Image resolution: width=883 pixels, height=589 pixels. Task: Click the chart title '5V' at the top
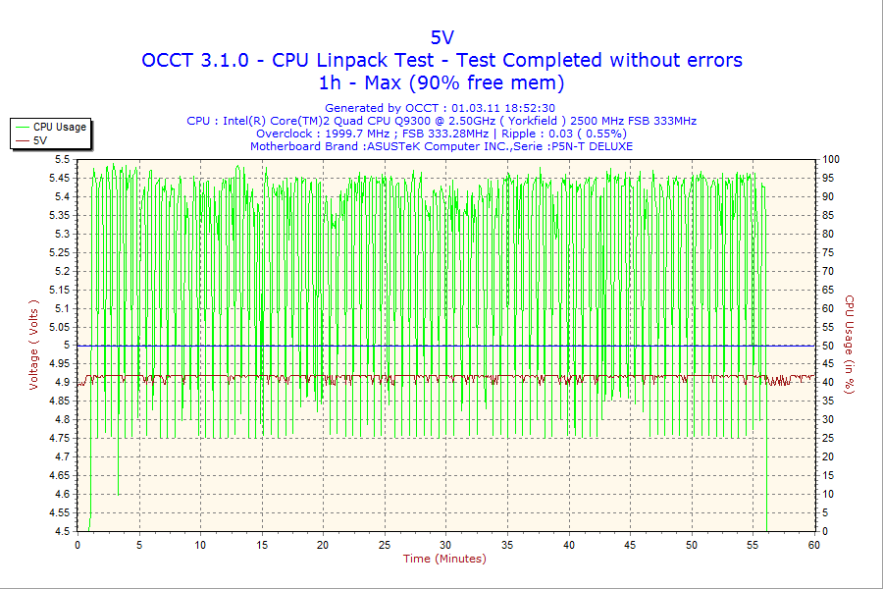tap(441, 37)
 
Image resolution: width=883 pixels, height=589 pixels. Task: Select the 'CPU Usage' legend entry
tap(60, 127)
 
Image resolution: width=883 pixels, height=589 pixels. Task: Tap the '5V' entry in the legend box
tap(40, 140)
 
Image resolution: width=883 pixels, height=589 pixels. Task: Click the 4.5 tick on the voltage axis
tap(62, 531)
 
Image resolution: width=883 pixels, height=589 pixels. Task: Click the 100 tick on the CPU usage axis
tap(831, 159)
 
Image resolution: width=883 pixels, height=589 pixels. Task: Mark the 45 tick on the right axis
tap(828, 364)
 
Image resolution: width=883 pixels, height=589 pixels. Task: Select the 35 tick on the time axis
tap(507, 545)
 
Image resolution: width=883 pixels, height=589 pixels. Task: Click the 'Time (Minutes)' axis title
tap(444, 559)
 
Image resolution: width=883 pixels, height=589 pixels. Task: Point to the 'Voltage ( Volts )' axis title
tap(34, 345)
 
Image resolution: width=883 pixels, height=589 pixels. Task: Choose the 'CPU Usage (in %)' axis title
tap(851, 345)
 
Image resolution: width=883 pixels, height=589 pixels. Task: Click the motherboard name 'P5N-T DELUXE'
tap(592, 146)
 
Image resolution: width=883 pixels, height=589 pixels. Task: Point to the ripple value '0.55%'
tap(602, 134)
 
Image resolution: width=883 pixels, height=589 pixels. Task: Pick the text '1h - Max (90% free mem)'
tap(441, 82)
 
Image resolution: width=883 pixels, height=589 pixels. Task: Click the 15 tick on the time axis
tap(262, 545)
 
